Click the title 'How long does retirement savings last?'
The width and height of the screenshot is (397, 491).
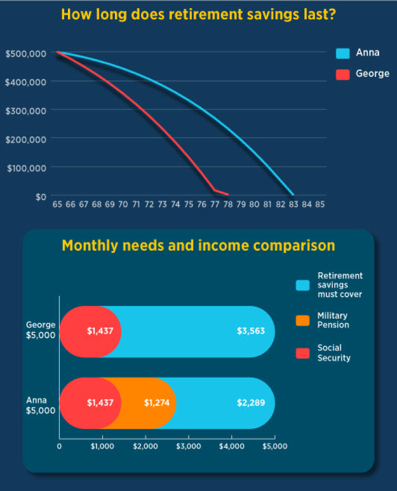pos(198,14)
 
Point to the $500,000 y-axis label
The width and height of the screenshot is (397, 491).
pos(26,53)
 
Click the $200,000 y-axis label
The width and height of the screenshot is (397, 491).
pos(26,139)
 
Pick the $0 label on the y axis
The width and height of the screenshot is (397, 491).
pos(41,197)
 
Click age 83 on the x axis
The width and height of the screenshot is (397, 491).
pos(294,205)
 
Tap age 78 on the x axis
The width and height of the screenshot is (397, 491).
pos(228,205)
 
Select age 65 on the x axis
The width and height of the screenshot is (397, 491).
pos(57,205)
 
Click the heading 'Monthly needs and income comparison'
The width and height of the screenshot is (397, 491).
pos(198,245)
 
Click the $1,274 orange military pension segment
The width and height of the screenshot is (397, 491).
pos(157,403)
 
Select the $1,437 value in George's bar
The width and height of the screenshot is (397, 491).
pos(100,332)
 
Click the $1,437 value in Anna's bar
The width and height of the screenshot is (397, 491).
pos(100,403)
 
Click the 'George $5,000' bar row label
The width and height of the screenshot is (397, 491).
pos(41,330)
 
